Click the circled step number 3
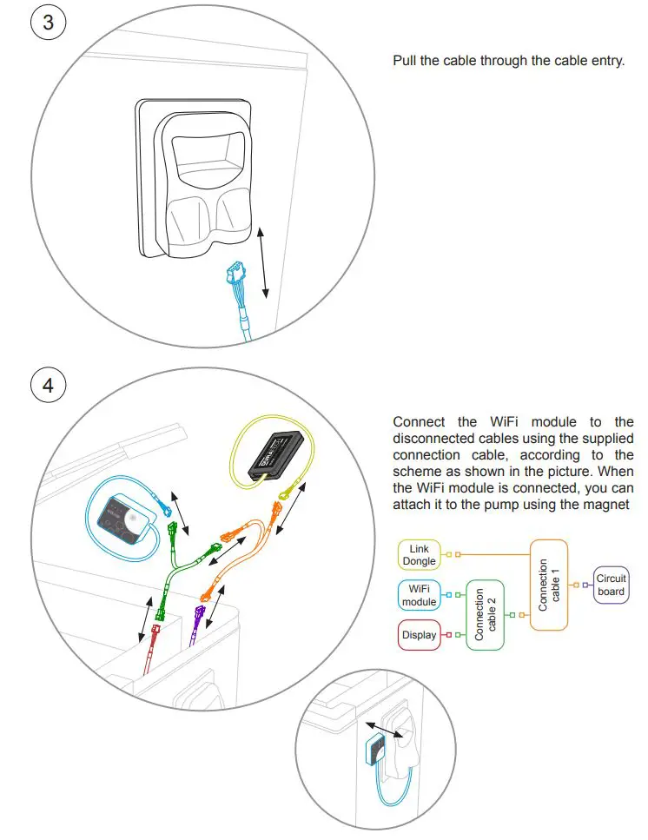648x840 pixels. click(48, 23)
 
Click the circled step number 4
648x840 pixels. click(48, 384)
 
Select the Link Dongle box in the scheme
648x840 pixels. click(418, 554)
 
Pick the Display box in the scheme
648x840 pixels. click(419, 635)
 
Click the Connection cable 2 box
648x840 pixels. click(485, 615)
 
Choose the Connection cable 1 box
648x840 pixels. click(549, 585)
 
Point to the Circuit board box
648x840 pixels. click(611, 585)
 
